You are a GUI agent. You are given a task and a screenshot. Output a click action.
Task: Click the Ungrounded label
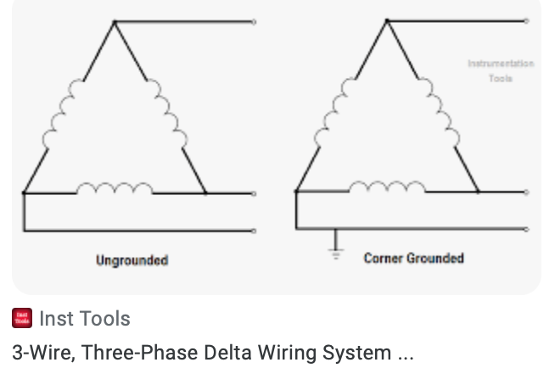pos(132,260)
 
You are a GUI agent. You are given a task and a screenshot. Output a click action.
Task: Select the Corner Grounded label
pos(413,258)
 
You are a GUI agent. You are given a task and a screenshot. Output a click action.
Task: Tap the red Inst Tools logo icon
pos(22,319)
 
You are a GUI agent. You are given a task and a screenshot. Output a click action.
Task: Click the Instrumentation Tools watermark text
pos(501,70)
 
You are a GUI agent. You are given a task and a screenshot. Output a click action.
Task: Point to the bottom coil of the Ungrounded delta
pos(115,188)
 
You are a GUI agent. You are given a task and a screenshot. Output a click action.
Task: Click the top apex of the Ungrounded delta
pos(115,21)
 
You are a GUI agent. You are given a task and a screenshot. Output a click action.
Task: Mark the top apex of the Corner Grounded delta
pos(387,20)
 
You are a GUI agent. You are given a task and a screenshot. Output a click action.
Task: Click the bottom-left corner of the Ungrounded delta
pos(24,193)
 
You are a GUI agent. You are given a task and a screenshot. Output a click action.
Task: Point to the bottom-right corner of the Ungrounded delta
pos(205,193)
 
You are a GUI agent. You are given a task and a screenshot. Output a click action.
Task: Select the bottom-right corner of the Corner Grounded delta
pos(478,192)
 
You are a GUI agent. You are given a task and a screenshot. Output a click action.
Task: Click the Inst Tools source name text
pos(85,319)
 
